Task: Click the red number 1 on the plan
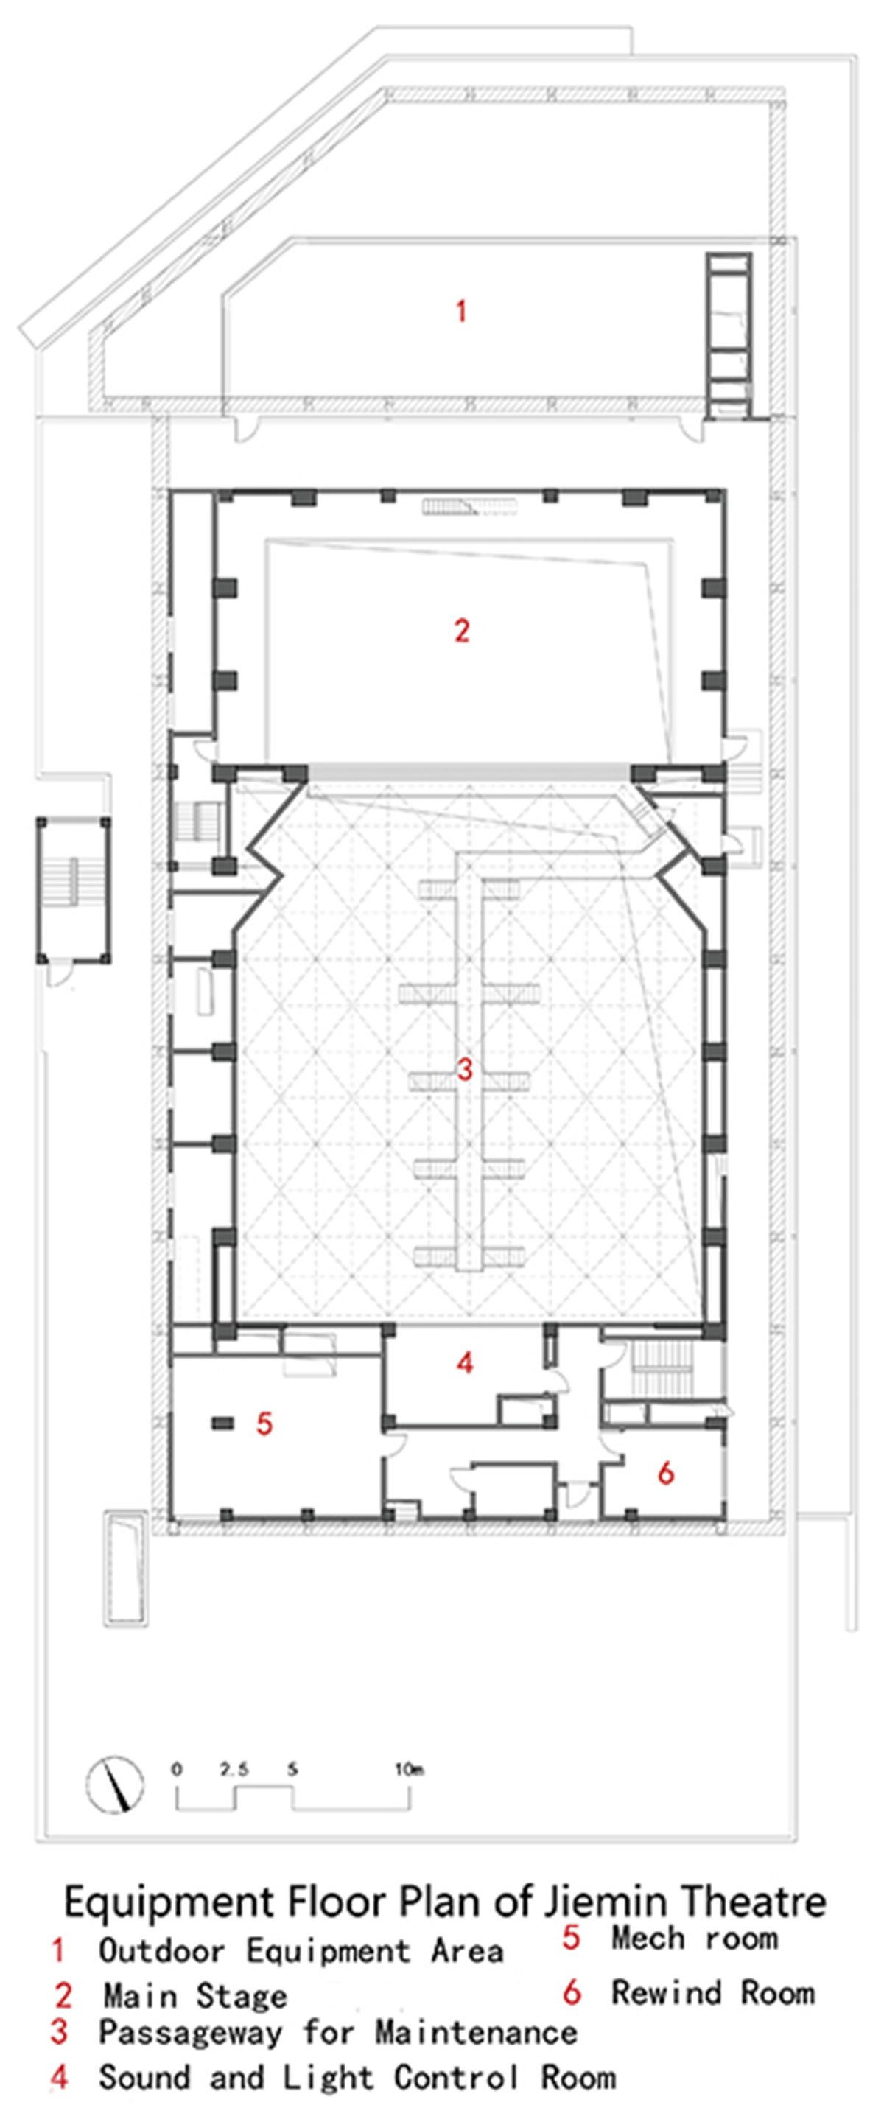[462, 311]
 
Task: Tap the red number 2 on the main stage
[462, 631]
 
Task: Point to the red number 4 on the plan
[465, 1362]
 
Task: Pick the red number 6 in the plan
[666, 1473]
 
